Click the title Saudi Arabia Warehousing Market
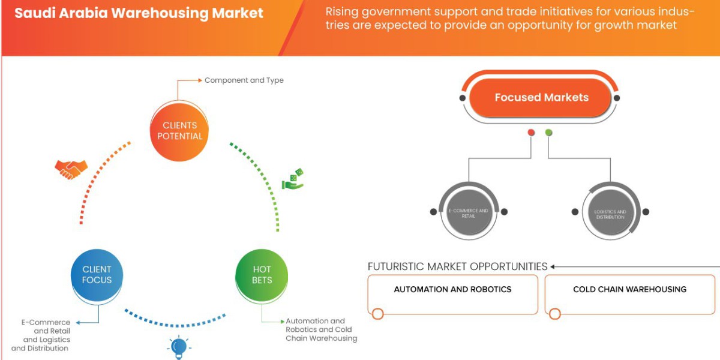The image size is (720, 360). tap(139, 13)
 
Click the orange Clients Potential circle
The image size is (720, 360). tap(179, 131)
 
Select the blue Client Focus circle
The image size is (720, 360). tap(97, 275)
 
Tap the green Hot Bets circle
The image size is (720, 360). tap(262, 275)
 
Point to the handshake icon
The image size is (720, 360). tap(71, 169)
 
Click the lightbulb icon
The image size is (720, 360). tap(178, 347)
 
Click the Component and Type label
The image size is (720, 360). tap(244, 80)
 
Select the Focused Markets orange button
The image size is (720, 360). tap(541, 98)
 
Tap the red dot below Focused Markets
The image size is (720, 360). tap(530, 133)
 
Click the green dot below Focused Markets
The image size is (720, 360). tap(548, 133)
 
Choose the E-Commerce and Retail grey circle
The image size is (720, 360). tap(469, 213)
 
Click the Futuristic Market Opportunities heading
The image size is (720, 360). tap(457, 266)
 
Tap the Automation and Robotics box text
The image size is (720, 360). tap(452, 289)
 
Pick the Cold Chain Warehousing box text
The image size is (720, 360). tap(629, 289)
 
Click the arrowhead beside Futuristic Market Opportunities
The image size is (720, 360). tap(553, 266)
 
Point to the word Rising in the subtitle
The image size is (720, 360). tap(343, 12)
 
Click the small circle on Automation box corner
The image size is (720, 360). tap(377, 314)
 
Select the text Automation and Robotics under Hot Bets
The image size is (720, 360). tap(315, 322)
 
